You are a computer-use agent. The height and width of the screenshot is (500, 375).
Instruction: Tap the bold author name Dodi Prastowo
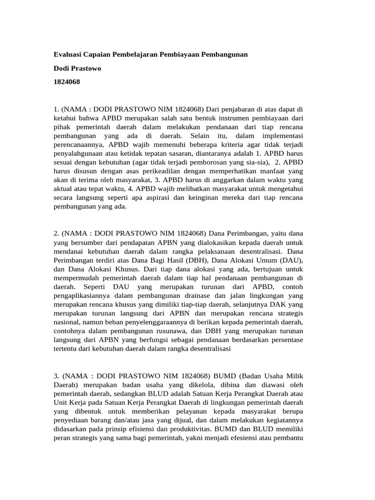coord(77,68)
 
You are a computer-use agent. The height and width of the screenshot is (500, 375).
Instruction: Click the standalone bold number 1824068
coord(66,82)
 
